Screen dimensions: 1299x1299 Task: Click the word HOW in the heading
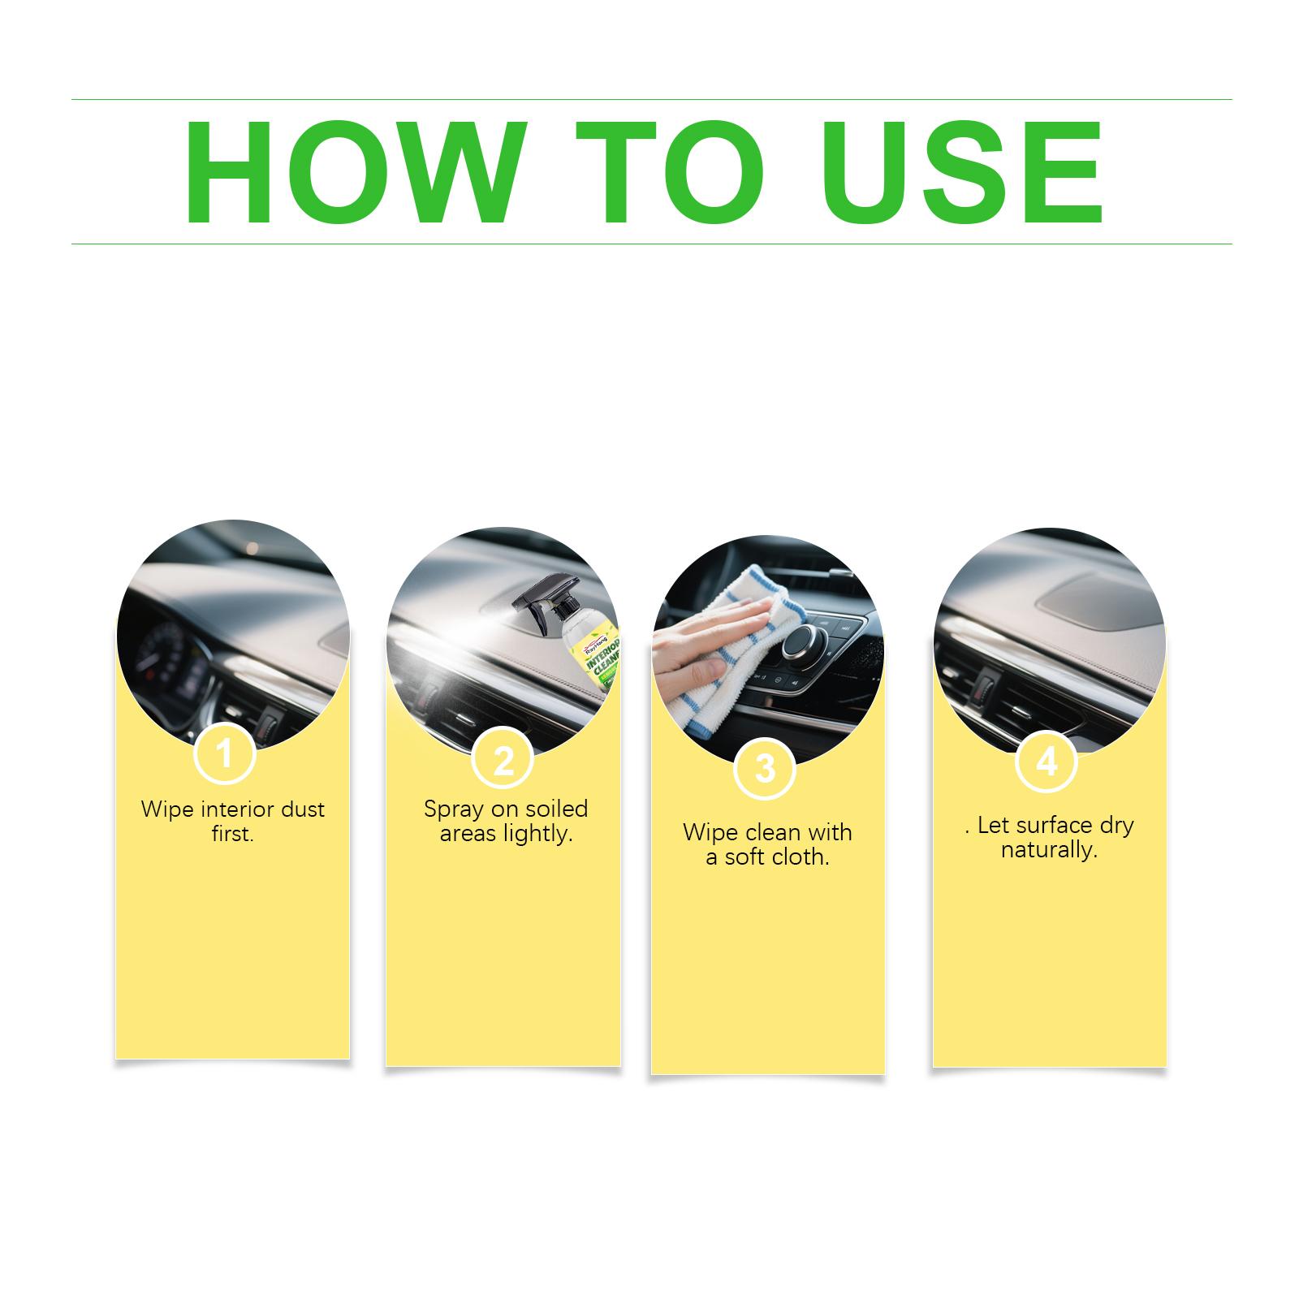coord(351,172)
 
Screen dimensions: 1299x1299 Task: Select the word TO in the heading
coord(670,172)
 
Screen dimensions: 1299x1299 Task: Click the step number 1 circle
coord(225,754)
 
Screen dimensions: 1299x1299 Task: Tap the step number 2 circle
coord(503,760)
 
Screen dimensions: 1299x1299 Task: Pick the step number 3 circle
coord(765,768)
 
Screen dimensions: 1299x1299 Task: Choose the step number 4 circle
coord(1047,762)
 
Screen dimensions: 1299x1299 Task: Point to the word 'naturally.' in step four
coord(1049,851)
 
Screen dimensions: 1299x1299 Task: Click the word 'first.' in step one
coord(233,834)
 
